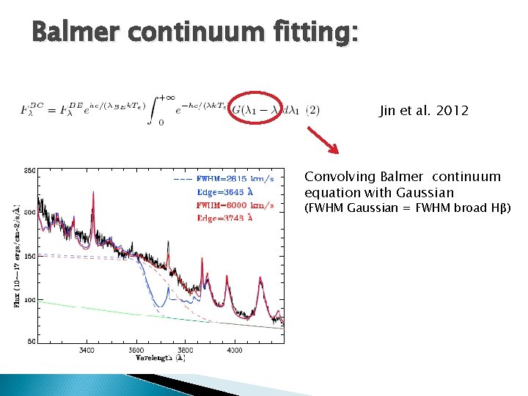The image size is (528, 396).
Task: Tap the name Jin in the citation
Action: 387,111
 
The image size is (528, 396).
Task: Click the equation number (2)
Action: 312,111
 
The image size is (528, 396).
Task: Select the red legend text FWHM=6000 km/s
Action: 235,205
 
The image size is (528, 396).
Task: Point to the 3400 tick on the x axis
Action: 86,350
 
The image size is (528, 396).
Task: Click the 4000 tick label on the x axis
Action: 234,350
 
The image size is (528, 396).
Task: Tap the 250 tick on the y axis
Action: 30,170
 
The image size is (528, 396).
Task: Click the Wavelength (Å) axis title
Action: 160,358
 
